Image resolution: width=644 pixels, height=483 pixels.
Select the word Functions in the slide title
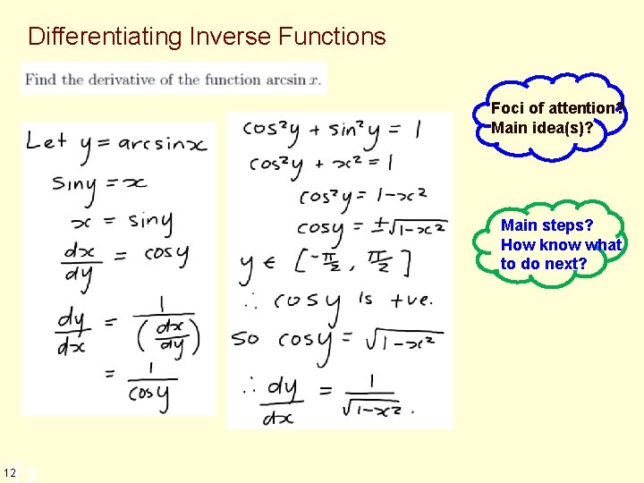click(x=333, y=37)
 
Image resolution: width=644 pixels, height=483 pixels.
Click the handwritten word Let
click(x=46, y=140)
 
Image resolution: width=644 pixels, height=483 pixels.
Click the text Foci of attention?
click(x=555, y=108)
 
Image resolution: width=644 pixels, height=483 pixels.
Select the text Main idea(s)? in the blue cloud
click(x=542, y=128)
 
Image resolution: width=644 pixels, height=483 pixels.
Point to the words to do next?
click(x=544, y=264)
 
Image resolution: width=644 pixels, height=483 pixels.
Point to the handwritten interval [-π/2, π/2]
click(x=352, y=263)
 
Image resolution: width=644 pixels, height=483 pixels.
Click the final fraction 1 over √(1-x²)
click(x=371, y=394)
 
